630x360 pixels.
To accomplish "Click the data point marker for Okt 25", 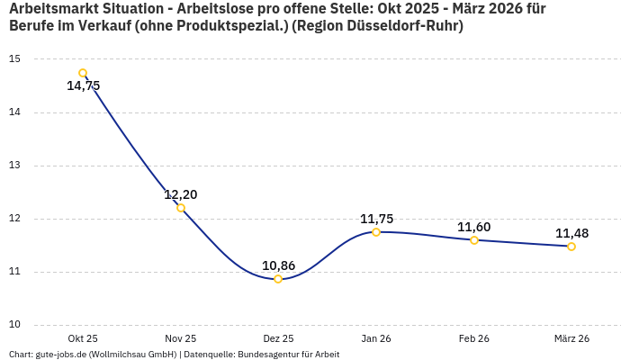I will [x=83, y=73].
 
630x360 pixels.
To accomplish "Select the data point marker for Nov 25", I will [x=181, y=208].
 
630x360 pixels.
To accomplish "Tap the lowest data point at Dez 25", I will [x=278, y=279].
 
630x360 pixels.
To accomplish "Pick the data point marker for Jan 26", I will [x=376, y=232].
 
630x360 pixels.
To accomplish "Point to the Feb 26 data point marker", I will [x=474, y=240].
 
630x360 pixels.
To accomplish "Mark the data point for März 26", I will [x=571, y=247].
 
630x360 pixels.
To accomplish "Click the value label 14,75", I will [x=83, y=86].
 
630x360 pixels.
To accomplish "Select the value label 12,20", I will [x=181, y=194].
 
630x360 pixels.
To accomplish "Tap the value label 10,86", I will [x=278, y=265].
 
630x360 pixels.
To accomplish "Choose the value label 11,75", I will [x=376, y=219].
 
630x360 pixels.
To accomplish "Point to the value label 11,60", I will [x=474, y=227].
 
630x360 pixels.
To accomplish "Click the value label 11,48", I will [x=571, y=233].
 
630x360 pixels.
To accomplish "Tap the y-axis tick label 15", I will [x=14, y=59].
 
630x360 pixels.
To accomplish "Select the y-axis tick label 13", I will [x=14, y=166].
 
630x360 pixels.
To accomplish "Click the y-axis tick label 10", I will [x=14, y=325].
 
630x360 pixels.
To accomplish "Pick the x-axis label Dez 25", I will [x=278, y=339].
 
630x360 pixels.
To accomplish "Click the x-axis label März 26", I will [x=571, y=339].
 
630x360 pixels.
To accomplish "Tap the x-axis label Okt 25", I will [x=83, y=339].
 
